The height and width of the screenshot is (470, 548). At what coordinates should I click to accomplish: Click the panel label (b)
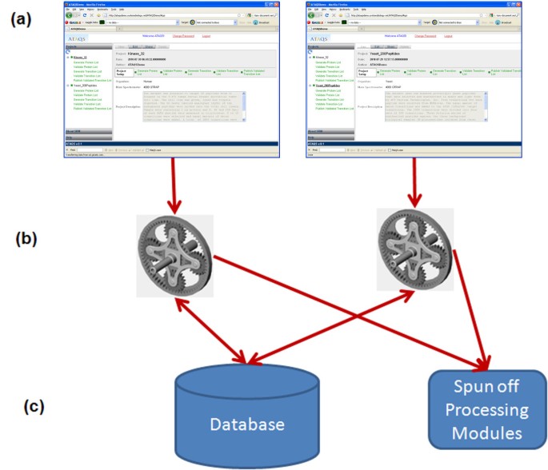tap(24, 237)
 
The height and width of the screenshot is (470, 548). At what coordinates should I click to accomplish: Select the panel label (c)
tap(23, 406)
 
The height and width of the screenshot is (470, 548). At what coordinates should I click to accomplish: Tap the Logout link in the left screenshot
tap(206, 36)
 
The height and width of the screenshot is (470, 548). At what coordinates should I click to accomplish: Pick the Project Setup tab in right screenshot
tap(364, 72)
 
